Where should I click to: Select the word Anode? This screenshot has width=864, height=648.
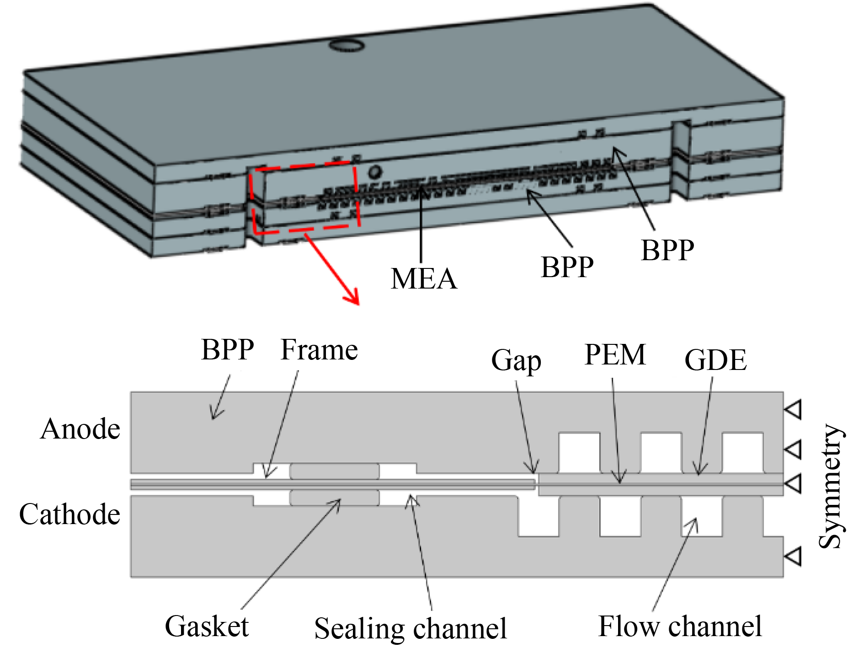coord(80,429)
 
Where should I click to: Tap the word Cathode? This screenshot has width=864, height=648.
coord(69,514)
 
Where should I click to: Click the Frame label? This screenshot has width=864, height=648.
coord(319,350)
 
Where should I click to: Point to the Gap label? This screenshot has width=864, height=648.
coord(516,360)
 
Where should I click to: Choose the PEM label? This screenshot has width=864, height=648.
coord(615,355)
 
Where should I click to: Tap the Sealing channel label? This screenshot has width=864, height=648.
coord(410,628)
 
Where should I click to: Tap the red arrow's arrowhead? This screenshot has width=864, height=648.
coord(352,297)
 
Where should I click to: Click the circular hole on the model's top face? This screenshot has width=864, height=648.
coord(347,45)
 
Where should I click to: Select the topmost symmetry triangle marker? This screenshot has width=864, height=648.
coord(794,409)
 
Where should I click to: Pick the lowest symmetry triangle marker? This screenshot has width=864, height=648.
coord(794,557)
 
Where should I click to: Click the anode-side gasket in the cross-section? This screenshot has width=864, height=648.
coord(335,471)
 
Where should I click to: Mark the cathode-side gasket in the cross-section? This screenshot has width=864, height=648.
coord(335,498)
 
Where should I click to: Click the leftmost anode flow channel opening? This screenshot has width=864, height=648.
coord(579,453)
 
